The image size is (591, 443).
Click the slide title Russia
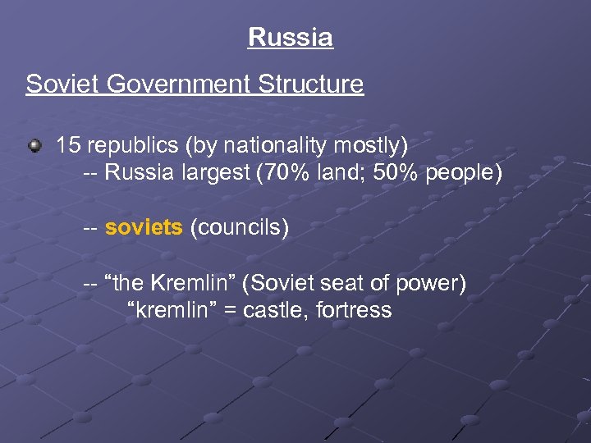click(x=290, y=38)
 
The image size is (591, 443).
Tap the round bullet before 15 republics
click(x=34, y=147)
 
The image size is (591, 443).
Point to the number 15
click(x=68, y=146)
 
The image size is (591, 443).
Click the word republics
click(x=131, y=146)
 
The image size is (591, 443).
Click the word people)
click(x=464, y=174)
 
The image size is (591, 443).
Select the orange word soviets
click(x=144, y=228)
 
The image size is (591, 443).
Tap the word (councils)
click(x=240, y=228)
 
